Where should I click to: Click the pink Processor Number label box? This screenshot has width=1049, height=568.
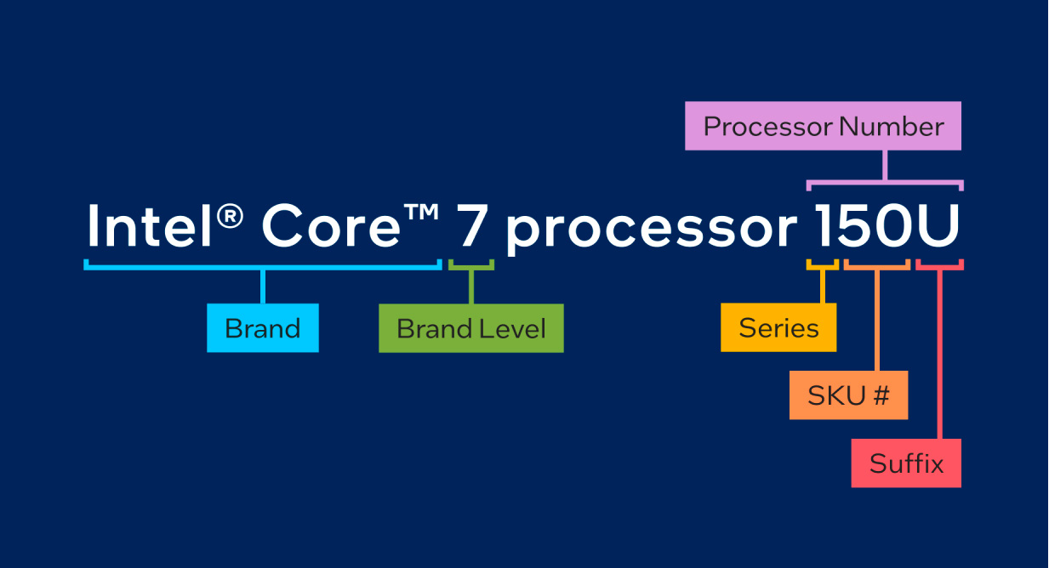tap(823, 126)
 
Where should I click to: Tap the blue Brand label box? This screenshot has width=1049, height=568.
tap(263, 328)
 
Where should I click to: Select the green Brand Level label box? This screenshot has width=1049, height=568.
tap(471, 328)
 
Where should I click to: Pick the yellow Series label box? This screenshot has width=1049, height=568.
tap(778, 327)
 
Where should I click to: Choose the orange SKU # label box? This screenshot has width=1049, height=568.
tap(848, 395)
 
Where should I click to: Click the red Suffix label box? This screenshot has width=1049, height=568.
tap(906, 463)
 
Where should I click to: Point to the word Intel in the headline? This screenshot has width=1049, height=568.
tap(149, 225)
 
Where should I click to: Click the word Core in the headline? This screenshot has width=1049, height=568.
tap(331, 225)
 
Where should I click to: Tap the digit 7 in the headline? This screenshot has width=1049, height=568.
tap(470, 225)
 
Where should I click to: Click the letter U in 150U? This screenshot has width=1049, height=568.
tap(937, 225)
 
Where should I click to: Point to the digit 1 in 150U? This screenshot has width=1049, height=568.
tap(824, 225)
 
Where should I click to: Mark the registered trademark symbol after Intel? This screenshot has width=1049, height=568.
tap(230, 216)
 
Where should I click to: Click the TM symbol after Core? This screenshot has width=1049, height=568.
tap(421, 212)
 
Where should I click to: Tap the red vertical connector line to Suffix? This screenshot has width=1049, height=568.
tap(939, 355)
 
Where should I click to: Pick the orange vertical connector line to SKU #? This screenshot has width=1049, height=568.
tap(877, 320)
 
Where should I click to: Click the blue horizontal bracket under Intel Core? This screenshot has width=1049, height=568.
tap(263, 267)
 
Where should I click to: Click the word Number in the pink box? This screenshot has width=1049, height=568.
tap(891, 127)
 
